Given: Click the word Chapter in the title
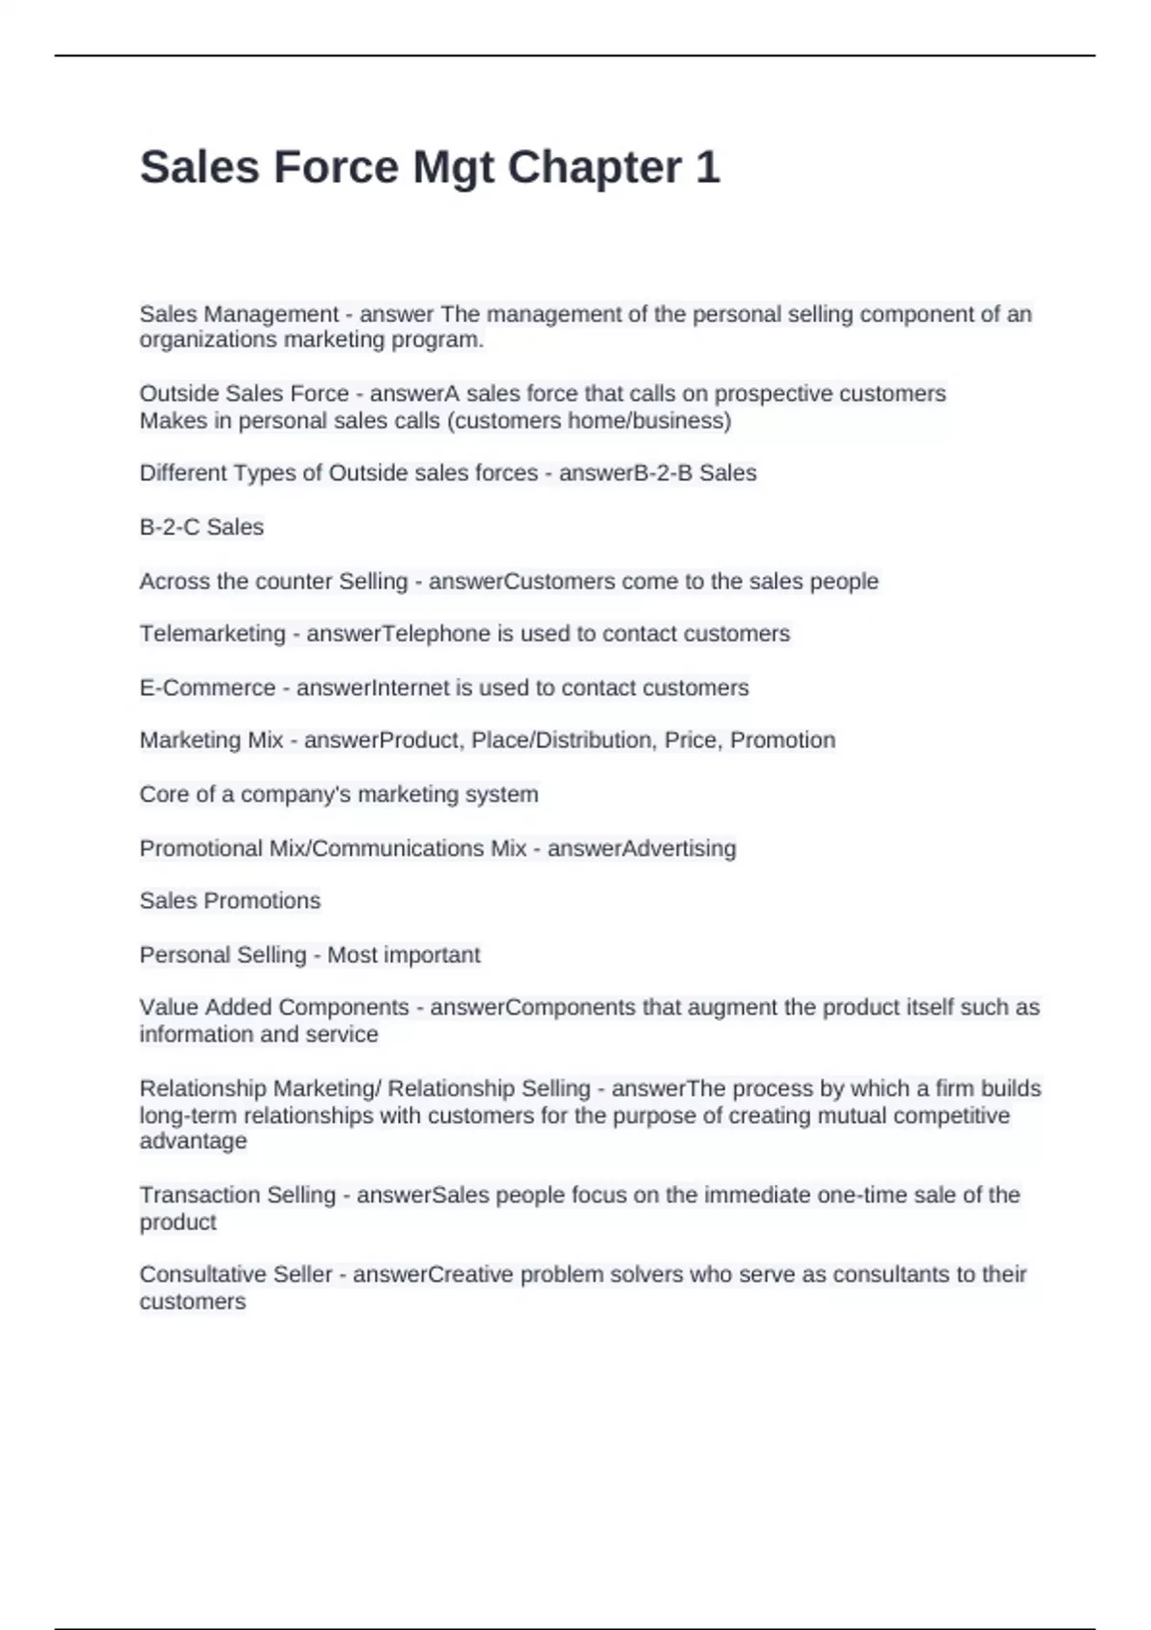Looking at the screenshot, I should coord(594,168).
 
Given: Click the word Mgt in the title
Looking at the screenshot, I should coord(453,168).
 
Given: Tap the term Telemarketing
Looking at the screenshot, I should coord(212,634).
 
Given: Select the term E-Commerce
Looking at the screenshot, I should coord(207,687).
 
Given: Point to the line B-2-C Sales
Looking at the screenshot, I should coord(201,527).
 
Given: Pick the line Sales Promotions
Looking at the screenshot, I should coord(230,901).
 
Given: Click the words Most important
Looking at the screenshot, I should coord(404,955).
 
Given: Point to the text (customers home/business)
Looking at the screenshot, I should coord(589,421).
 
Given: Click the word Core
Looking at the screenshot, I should coord(164,795).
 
